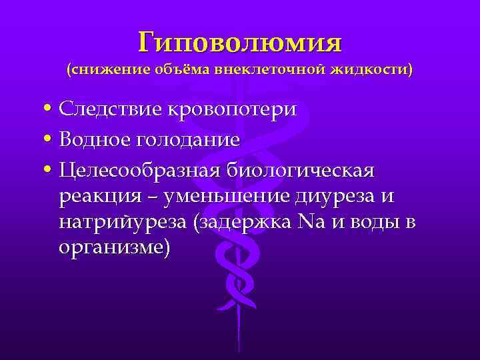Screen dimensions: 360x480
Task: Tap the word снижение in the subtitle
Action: pos(112,69)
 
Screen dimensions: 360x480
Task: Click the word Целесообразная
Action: pos(139,171)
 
